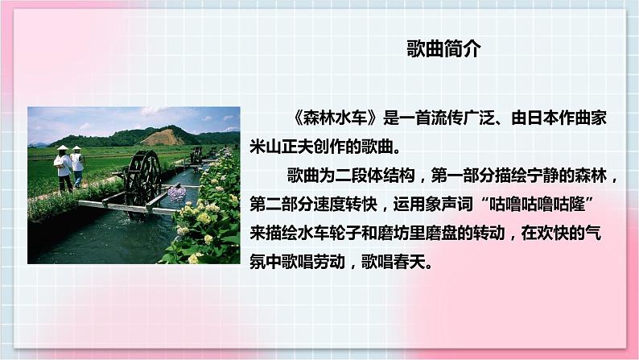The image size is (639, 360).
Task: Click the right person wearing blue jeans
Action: pos(77,168)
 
